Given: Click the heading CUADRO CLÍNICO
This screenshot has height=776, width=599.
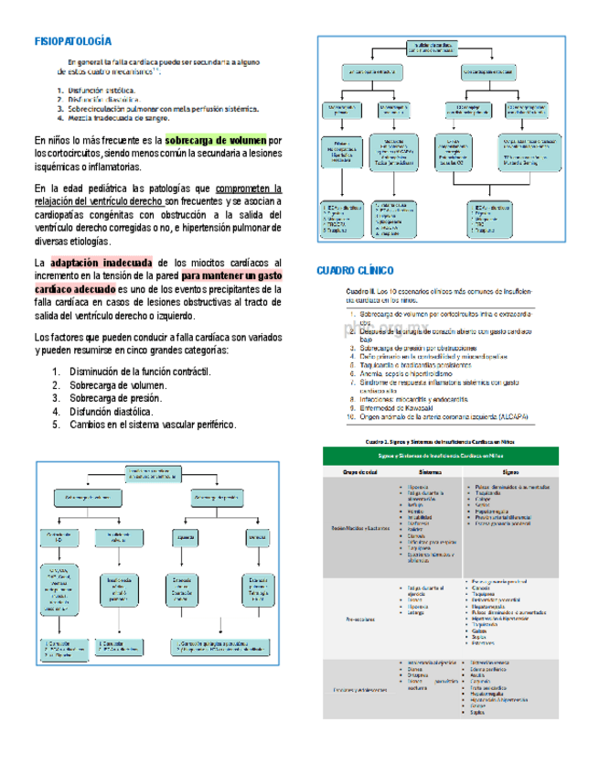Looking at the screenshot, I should [x=355, y=271].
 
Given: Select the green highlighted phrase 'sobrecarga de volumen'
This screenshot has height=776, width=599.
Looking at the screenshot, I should [x=216, y=140].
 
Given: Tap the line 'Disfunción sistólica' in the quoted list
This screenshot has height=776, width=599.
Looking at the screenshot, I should [x=102, y=90].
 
